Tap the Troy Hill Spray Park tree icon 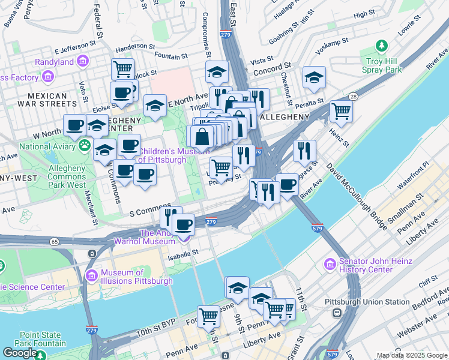[x=381, y=46]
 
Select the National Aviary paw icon [x=85, y=146]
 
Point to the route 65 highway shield [x=55, y=241]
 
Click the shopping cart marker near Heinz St [x=341, y=110]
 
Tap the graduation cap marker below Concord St [x=314, y=77]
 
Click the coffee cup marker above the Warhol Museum [x=183, y=225]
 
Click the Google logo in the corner [x=20, y=353]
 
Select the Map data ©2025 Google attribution [x=412, y=355]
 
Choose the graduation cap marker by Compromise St [x=217, y=71]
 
